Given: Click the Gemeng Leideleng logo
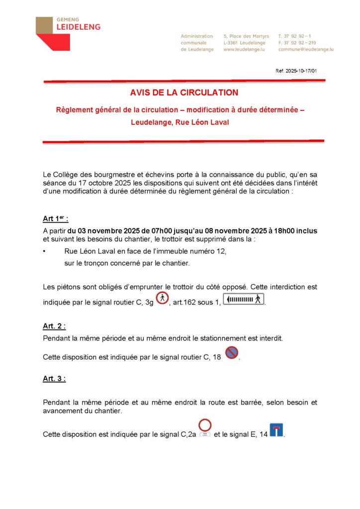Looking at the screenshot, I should click(68, 33).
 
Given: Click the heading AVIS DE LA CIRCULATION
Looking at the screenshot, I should click(184, 92).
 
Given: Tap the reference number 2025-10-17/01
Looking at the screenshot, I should click(296, 71).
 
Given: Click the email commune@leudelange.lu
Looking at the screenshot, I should click(306, 50).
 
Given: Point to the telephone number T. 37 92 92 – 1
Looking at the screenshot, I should click(295, 36).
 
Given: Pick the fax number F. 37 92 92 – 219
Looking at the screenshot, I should click(297, 43).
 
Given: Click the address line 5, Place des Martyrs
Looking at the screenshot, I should click(246, 36).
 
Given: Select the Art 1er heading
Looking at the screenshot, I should click(55, 220).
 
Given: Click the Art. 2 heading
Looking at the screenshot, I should click(54, 326).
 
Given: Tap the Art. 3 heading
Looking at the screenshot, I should click(54, 379).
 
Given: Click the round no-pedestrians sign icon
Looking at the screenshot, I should click(162, 299).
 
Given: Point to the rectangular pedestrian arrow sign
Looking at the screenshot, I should click(243, 300).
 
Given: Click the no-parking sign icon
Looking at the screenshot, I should click(231, 353).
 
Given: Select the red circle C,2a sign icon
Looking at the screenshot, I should click(205, 426).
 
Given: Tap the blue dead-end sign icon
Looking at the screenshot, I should click(276, 430).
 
